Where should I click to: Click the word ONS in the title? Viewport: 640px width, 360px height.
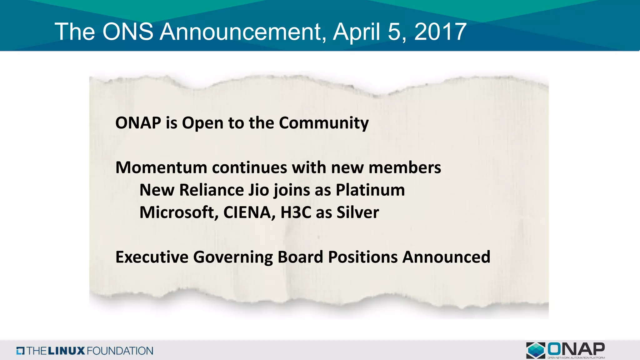(x=128, y=32)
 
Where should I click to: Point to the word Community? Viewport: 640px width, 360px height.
(x=324, y=123)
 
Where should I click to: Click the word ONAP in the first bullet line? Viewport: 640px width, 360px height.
(x=138, y=122)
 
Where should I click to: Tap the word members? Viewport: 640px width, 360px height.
(x=405, y=167)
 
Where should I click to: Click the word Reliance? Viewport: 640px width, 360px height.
(x=212, y=190)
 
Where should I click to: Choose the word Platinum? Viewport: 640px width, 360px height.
(x=370, y=190)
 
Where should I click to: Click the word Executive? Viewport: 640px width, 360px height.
(x=152, y=257)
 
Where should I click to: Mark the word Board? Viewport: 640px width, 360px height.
(x=300, y=257)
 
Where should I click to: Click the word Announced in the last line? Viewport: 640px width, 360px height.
(x=446, y=257)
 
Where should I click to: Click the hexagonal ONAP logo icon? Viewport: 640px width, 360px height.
(x=536, y=350)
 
